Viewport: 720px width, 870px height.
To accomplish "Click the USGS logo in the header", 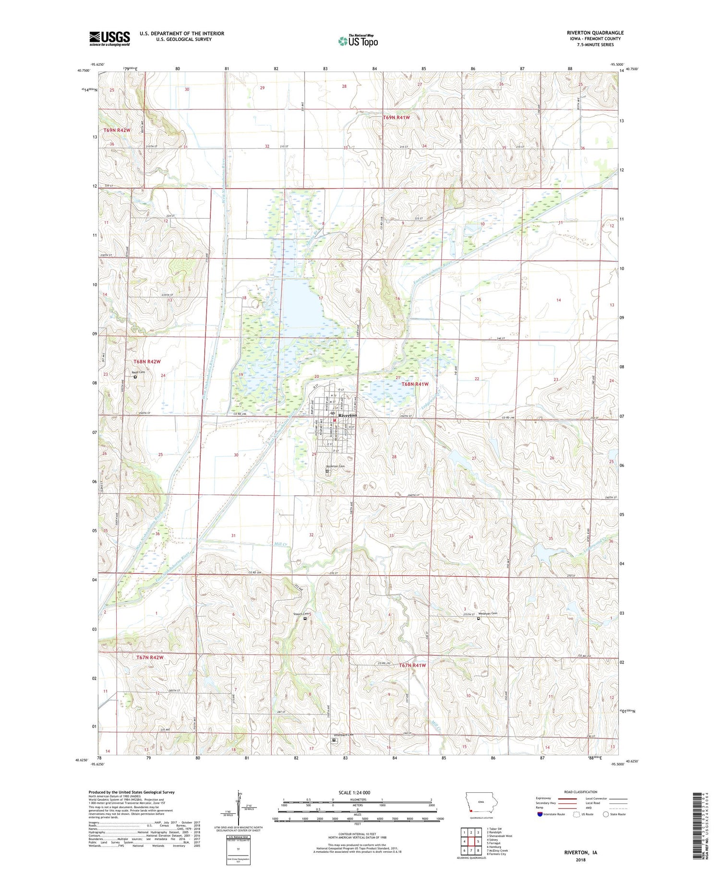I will click(x=109, y=38).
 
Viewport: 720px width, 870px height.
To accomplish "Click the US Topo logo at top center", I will click(x=358, y=41).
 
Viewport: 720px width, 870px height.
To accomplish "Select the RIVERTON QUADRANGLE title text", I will click(x=595, y=33).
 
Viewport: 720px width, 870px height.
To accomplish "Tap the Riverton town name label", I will click(x=348, y=415).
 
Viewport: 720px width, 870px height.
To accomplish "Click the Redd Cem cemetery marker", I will click(x=135, y=377).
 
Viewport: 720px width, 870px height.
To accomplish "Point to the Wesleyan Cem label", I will click(x=488, y=614).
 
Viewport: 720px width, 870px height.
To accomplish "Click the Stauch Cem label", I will click(x=300, y=614).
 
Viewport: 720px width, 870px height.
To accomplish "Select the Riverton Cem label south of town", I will click(x=335, y=466).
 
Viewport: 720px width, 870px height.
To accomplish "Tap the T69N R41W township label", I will click(x=396, y=118).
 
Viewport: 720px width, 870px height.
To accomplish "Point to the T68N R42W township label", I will click(x=147, y=361).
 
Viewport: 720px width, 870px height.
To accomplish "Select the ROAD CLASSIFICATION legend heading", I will click(x=581, y=792).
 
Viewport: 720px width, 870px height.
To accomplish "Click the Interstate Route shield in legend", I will click(x=540, y=814).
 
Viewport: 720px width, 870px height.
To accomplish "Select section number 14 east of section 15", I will click(x=558, y=300).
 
